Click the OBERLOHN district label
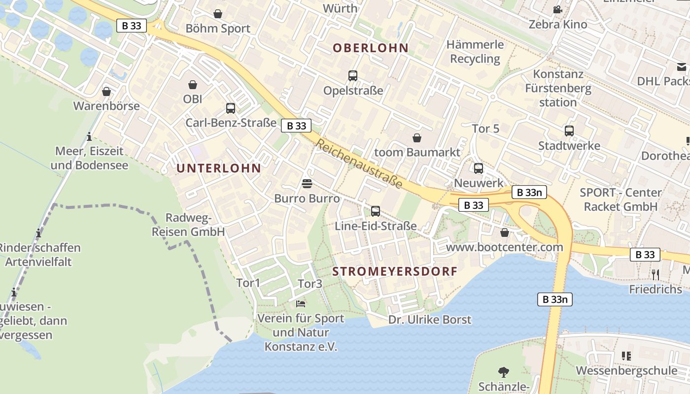coord(371,48)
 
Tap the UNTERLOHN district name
coord(219,168)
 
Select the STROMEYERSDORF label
coord(395,271)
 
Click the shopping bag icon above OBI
coord(192,85)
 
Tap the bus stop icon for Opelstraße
coord(353,76)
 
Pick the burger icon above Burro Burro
coord(307,184)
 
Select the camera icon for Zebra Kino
coord(557,10)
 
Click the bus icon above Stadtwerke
coord(569,131)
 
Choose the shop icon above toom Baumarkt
coord(417,138)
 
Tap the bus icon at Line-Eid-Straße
coord(376,211)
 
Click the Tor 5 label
coord(485,129)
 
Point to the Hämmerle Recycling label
coord(475,52)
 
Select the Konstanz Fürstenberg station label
coord(558,88)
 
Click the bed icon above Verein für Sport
coord(301,303)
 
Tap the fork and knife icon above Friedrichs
coord(655,274)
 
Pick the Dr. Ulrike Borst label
coord(430,320)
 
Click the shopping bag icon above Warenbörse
coord(106,92)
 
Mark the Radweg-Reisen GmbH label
coord(188,225)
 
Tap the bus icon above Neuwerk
coord(478,168)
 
